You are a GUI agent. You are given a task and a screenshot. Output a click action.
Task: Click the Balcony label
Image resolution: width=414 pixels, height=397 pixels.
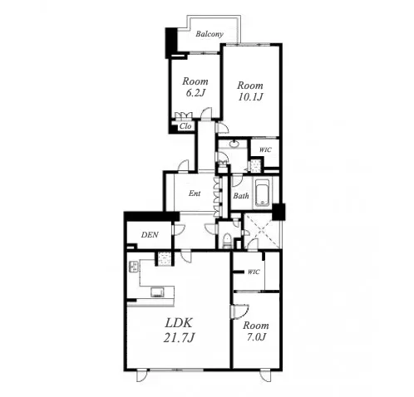point(209,34)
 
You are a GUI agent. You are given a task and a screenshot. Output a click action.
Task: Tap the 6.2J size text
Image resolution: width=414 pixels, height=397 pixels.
point(195,93)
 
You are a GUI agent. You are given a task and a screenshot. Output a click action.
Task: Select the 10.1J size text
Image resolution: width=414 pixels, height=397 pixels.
point(250,96)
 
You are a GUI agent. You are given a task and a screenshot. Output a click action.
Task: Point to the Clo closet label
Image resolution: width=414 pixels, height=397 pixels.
point(185,126)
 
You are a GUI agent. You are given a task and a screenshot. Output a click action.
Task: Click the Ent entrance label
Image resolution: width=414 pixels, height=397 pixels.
point(195,194)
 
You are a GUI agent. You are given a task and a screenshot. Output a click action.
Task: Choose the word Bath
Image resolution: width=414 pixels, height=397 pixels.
point(241,196)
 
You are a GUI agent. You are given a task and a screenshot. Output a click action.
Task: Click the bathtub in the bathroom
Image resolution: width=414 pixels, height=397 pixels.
point(262,194)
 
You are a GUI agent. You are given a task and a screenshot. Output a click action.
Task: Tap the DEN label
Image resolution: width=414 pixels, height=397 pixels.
point(150,235)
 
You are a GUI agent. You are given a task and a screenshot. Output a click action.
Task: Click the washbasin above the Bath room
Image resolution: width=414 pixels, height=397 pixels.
point(235,144)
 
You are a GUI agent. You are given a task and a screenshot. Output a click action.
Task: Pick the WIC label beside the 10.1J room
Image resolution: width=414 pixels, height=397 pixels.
point(265,149)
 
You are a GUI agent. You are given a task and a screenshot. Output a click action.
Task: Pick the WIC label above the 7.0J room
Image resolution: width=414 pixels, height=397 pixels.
point(254,272)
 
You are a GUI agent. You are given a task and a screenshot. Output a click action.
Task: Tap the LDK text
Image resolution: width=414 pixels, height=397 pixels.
point(179,323)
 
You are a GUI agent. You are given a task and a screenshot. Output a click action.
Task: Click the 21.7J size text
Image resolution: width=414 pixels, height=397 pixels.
point(179,338)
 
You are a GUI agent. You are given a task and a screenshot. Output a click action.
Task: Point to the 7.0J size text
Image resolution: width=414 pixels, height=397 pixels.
point(255,337)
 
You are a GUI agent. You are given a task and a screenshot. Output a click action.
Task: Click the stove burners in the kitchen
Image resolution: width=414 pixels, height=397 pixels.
point(134,267)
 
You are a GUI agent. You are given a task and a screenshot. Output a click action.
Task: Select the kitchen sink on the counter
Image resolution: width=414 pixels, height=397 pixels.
point(157,292)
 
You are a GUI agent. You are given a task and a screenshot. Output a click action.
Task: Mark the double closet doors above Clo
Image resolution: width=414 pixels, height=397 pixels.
point(184,115)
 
